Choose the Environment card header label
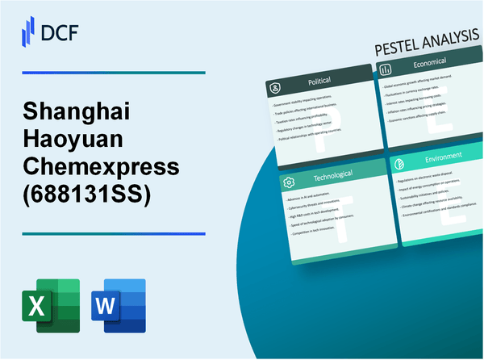(441, 155)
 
